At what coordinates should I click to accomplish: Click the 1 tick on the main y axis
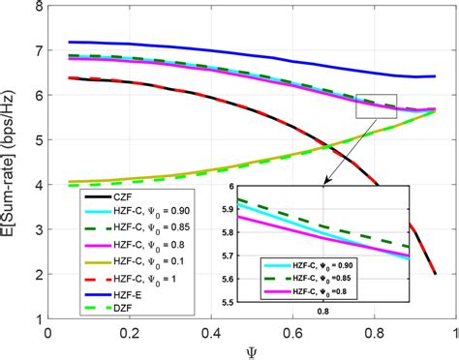[36, 319]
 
